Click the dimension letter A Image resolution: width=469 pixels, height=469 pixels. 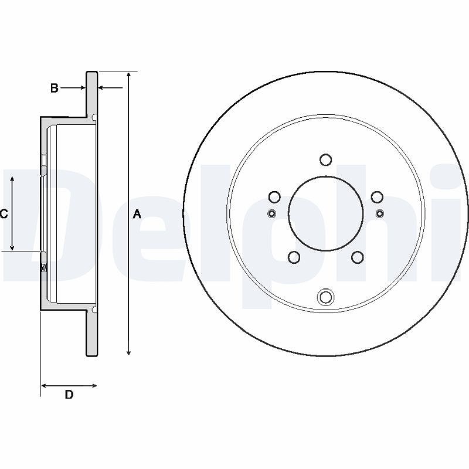tap(137, 214)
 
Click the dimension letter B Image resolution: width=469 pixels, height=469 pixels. tap(54, 88)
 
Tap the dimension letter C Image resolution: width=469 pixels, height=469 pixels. tap(4, 214)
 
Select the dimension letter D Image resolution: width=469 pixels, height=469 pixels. tap(69, 395)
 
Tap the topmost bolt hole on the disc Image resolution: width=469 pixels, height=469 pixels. tap(325, 159)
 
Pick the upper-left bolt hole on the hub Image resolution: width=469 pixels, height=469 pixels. tap(274, 197)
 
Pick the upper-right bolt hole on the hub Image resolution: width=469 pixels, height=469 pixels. tap(377, 197)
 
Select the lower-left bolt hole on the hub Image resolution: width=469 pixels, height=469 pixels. tap(294, 257)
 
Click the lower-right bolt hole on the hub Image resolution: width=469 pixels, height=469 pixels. tap(357, 257)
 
